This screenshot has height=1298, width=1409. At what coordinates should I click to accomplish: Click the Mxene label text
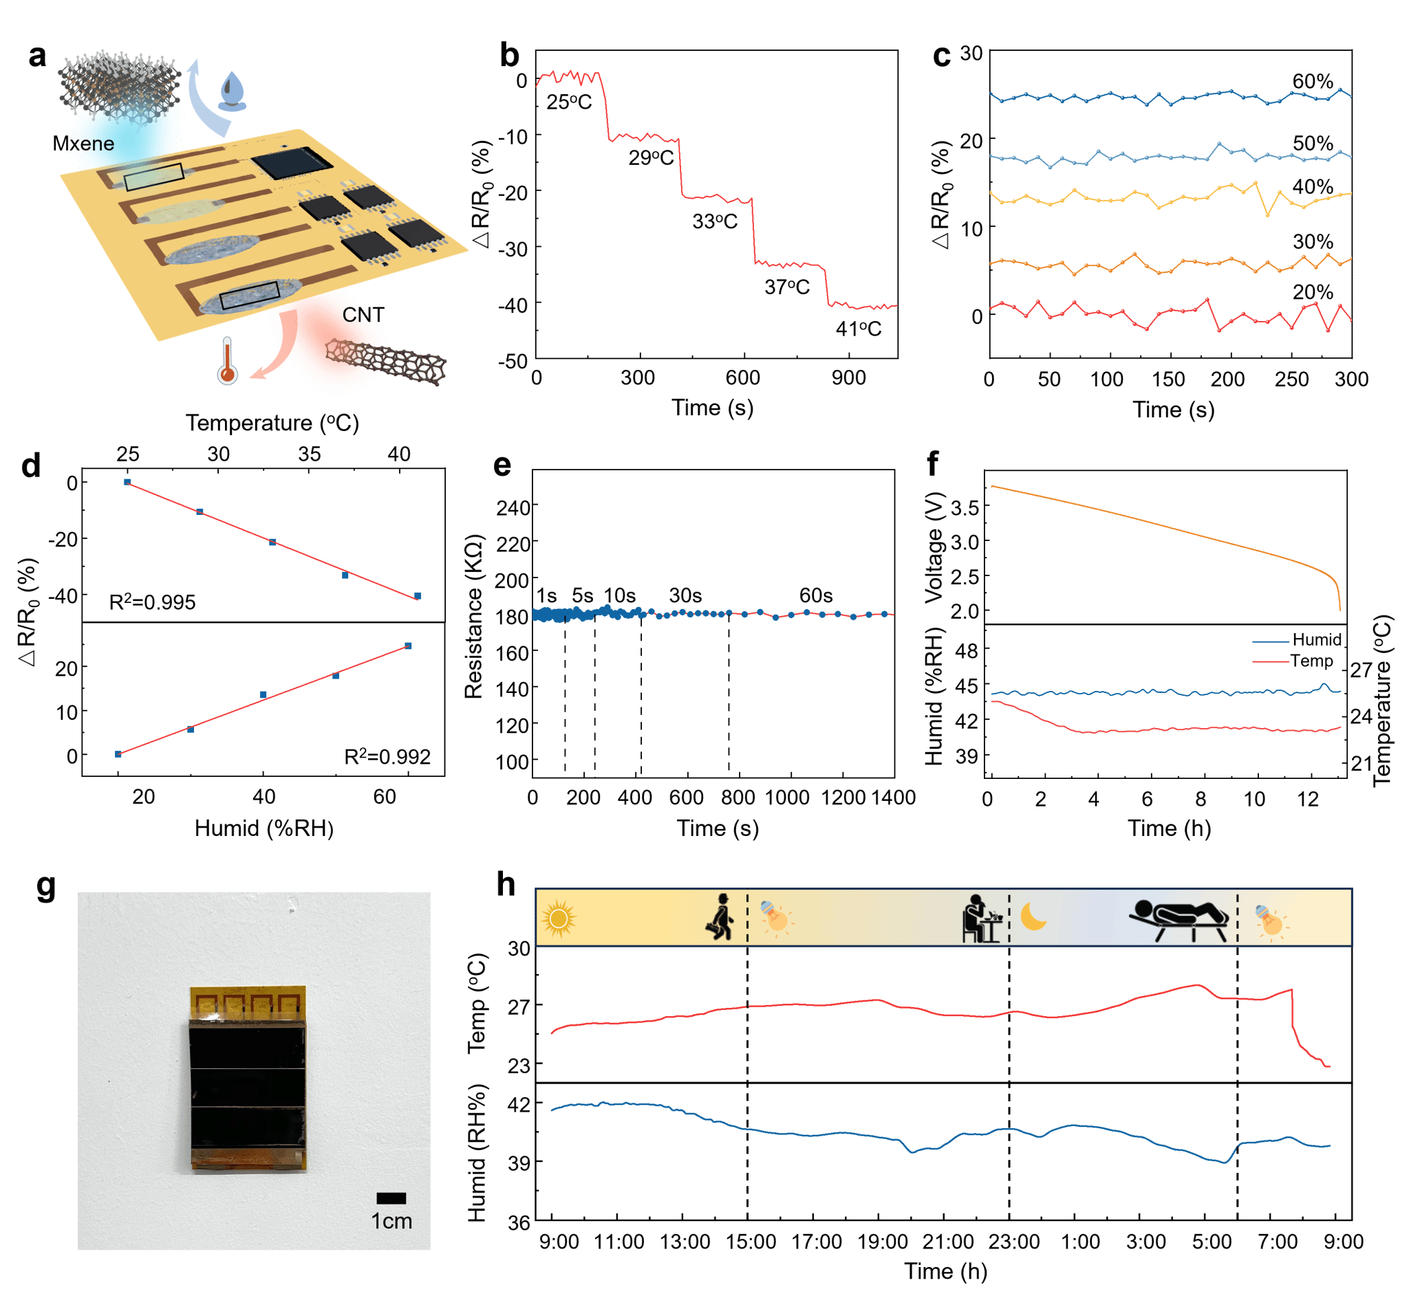(x=87, y=144)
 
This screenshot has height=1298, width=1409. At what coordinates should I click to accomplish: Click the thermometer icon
(x=227, y=361)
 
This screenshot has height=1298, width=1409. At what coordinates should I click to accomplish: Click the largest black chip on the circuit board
(x=292, y=163)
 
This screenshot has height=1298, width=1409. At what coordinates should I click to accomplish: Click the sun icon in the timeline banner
(x=559, y=918)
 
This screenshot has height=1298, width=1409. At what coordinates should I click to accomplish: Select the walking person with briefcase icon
(x=720, y=917)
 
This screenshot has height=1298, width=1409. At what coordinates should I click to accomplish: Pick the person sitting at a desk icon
(x=980, y=918)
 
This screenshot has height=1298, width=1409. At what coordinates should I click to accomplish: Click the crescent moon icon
(x=1033, y=916)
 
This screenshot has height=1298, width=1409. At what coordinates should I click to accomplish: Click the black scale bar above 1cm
(x=391, y=1198)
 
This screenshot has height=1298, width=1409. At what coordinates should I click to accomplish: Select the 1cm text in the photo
(x=391, y=1222)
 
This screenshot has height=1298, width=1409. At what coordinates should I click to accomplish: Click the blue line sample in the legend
(x=1271, y=642)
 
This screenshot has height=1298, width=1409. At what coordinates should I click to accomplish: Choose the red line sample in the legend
(x=1271, y=661)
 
